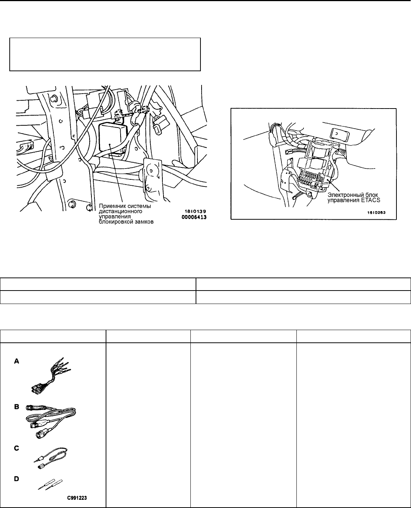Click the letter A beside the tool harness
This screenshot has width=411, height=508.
tap(16, 361)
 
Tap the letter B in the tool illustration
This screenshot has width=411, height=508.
tap(16, 407)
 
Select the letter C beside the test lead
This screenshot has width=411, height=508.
tap(16, 448)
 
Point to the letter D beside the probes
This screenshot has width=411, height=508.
tap(16, 479)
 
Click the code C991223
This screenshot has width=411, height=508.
tap(77, 498)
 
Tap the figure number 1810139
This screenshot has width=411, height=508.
tap(195, 211)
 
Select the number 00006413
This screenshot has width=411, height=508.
tap(194, 217)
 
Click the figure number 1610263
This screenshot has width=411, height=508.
tap(376, 213)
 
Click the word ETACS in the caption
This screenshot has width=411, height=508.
tap(370, 200)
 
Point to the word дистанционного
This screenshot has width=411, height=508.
tap(121, 211)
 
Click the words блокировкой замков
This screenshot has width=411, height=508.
tap(126, 222)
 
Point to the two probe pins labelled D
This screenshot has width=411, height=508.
tap(50, 485)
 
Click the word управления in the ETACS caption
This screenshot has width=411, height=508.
tap(343, 200)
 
